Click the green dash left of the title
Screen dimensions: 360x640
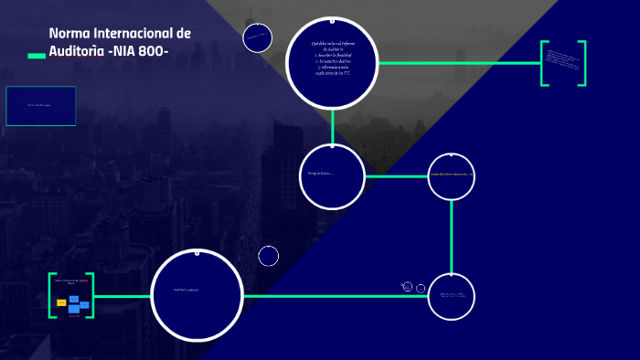(x=37, y=56)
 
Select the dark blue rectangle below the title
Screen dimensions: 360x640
(x=41, y=106)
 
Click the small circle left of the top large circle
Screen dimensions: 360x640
(x=258, y=38)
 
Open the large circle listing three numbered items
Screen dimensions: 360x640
(x=332, y=62)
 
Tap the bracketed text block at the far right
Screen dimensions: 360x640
(x=562, y=64)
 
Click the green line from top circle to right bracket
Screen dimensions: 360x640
(x=457, y=63)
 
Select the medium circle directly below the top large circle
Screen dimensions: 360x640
(x=332, y=176)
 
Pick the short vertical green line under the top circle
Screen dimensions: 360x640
(x=332, y=126)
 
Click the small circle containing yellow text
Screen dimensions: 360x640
(x=452, y=176)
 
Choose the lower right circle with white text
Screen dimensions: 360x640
(x=452, y=296)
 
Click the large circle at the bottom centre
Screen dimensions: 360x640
(x=197, y=294)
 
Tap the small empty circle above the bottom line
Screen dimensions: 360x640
(x=269, y=256)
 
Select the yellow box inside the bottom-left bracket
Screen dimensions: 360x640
(x=61, y=302)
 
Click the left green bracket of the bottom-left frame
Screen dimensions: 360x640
(x=51, y=295)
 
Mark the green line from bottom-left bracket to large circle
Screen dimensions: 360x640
(x=122, y=296)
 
